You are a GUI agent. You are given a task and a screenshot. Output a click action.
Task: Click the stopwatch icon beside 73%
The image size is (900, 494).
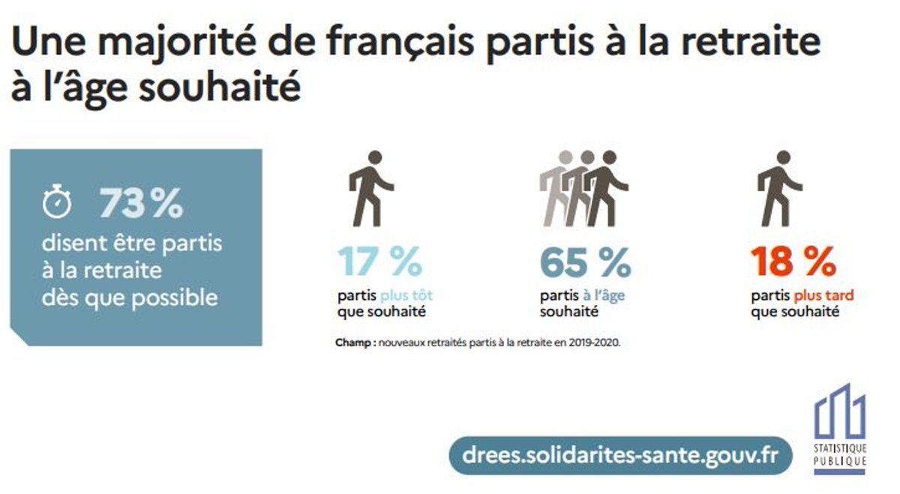pyautogui.click(x=56, y=203)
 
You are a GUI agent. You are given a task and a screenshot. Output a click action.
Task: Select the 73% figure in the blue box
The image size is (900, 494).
pyautogui.click(x=141, y=203)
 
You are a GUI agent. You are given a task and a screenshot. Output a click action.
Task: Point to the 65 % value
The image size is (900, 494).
pyautogui.click(x=585, y=262)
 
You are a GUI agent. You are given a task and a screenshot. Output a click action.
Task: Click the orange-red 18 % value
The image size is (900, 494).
pyautogui.click(x=793, y=262)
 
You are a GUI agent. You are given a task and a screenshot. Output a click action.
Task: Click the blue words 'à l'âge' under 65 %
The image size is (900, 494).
pyautogui.click(x=604, y=296)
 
